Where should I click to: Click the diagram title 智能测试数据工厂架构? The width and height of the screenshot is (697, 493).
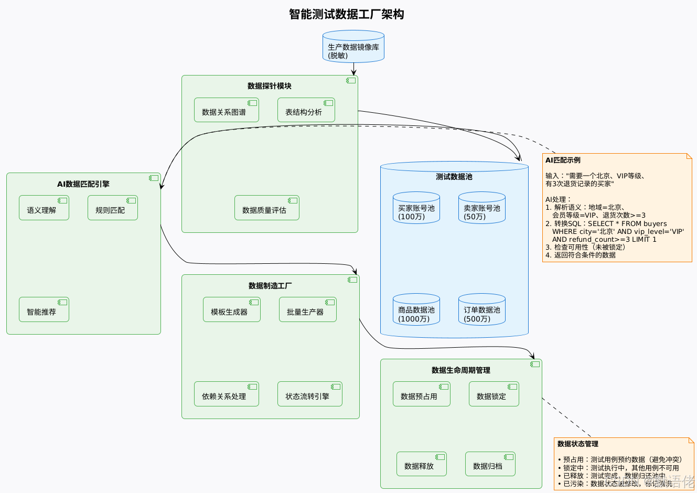click(346, 14)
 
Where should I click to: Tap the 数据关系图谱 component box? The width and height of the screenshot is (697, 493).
click(226, 110)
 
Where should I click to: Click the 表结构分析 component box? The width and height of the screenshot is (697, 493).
click(306, 110)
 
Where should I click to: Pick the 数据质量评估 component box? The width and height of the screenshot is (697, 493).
click(266, 208)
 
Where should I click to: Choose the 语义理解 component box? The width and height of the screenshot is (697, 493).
click(44, 208)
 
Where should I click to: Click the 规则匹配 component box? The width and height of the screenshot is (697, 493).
click(112, 208)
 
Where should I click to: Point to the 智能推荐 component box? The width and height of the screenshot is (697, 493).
click(44, 310)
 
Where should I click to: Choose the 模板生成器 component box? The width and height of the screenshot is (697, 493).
click(231, 310)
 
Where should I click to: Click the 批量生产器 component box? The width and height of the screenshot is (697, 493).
click(307, 310)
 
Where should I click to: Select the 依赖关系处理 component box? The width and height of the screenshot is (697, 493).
click(226, 394)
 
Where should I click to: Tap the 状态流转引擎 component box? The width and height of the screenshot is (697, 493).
click(309, 394)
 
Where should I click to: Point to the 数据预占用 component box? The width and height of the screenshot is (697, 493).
click(421, 394)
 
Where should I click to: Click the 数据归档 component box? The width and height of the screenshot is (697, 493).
click(490, 464)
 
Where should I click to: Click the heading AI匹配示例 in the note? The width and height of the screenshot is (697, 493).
click(563, 160)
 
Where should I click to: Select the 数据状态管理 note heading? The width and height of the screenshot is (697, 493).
click(577, 444)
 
